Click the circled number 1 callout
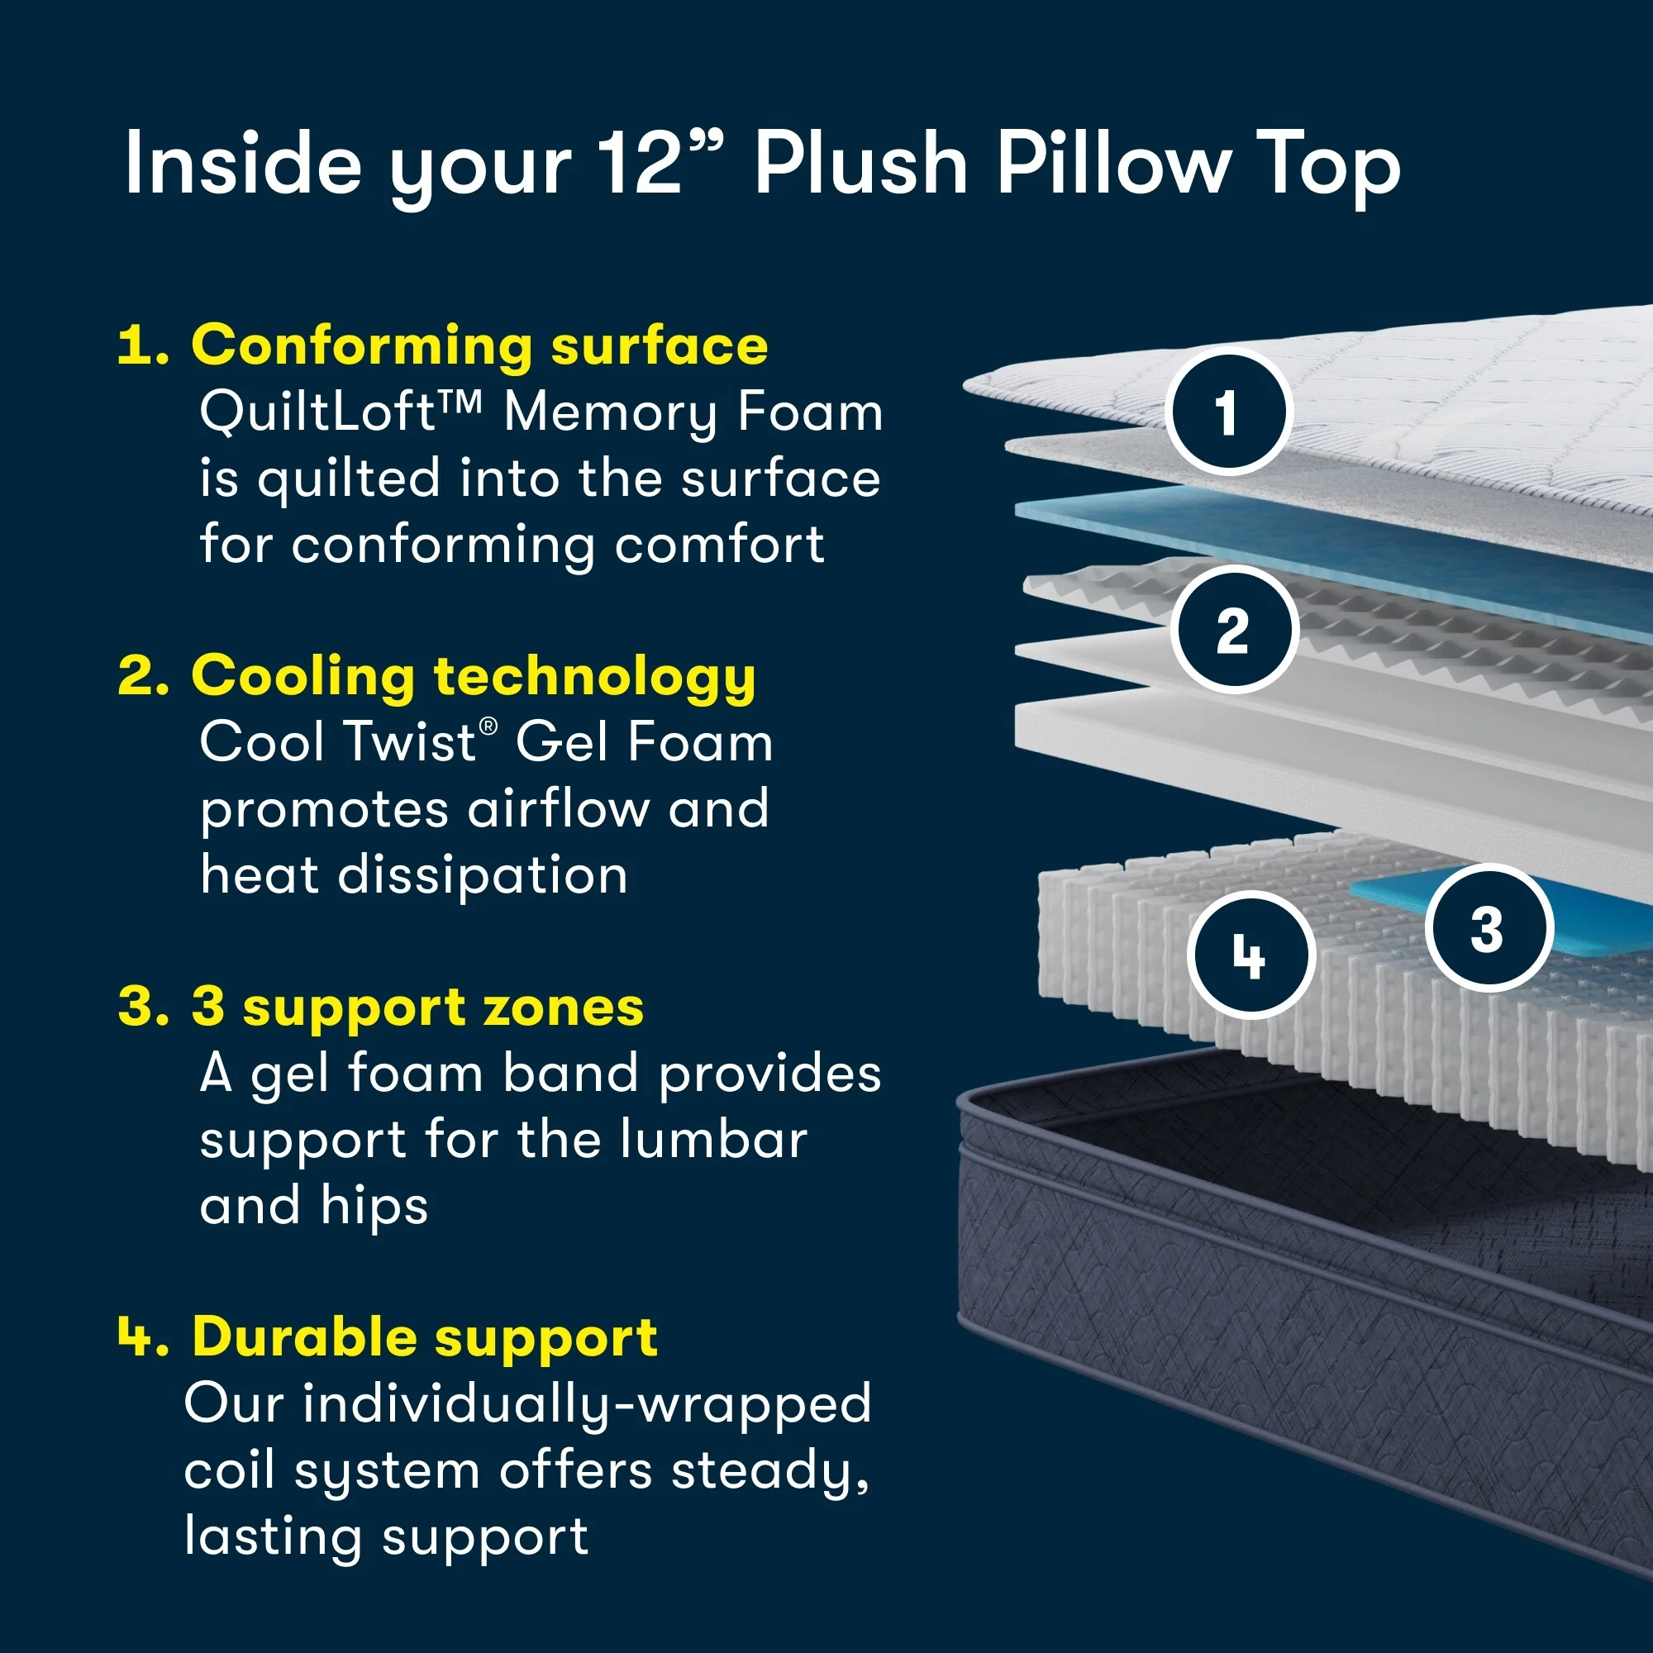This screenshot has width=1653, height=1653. [1227, 412]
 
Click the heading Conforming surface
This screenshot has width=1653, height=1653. [479, 345]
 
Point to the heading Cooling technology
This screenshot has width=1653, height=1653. [473, 676]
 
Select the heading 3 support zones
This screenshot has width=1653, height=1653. [417, 1007]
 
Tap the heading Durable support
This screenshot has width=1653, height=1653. [425, 1336]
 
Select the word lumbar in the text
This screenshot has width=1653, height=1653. [712, 1140]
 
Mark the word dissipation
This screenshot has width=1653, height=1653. [483, 875]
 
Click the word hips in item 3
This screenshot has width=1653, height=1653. [374, 1207]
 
